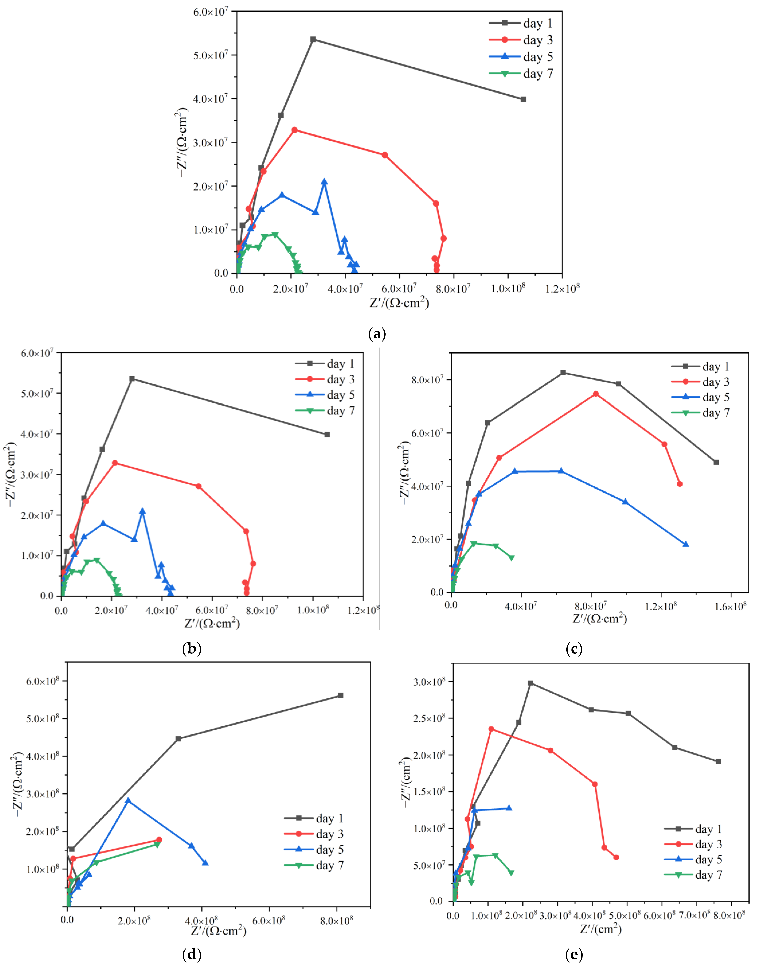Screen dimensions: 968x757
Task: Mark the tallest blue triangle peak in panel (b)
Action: pyautogui.click(x=142, y=511)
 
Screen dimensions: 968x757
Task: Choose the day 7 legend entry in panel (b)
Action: pyautogui.click(x=325, y=411)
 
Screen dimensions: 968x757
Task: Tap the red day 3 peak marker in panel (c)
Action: pyautogui.click(x=596, y=394)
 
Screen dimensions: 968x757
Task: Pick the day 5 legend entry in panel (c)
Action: pyautogui.click(x=700, y=397)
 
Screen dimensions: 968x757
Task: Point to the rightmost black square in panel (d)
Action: pyautogui.click(x=340, y=695)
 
